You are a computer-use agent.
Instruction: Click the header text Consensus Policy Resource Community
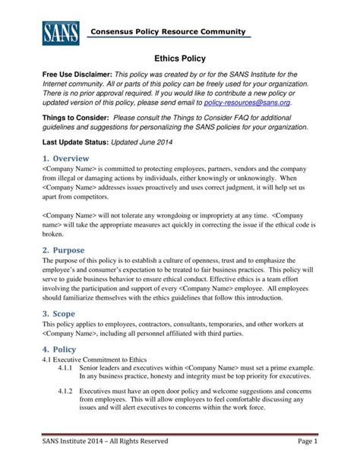[x=169, y=31]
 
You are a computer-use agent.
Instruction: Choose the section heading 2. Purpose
[x=64, y=250]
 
